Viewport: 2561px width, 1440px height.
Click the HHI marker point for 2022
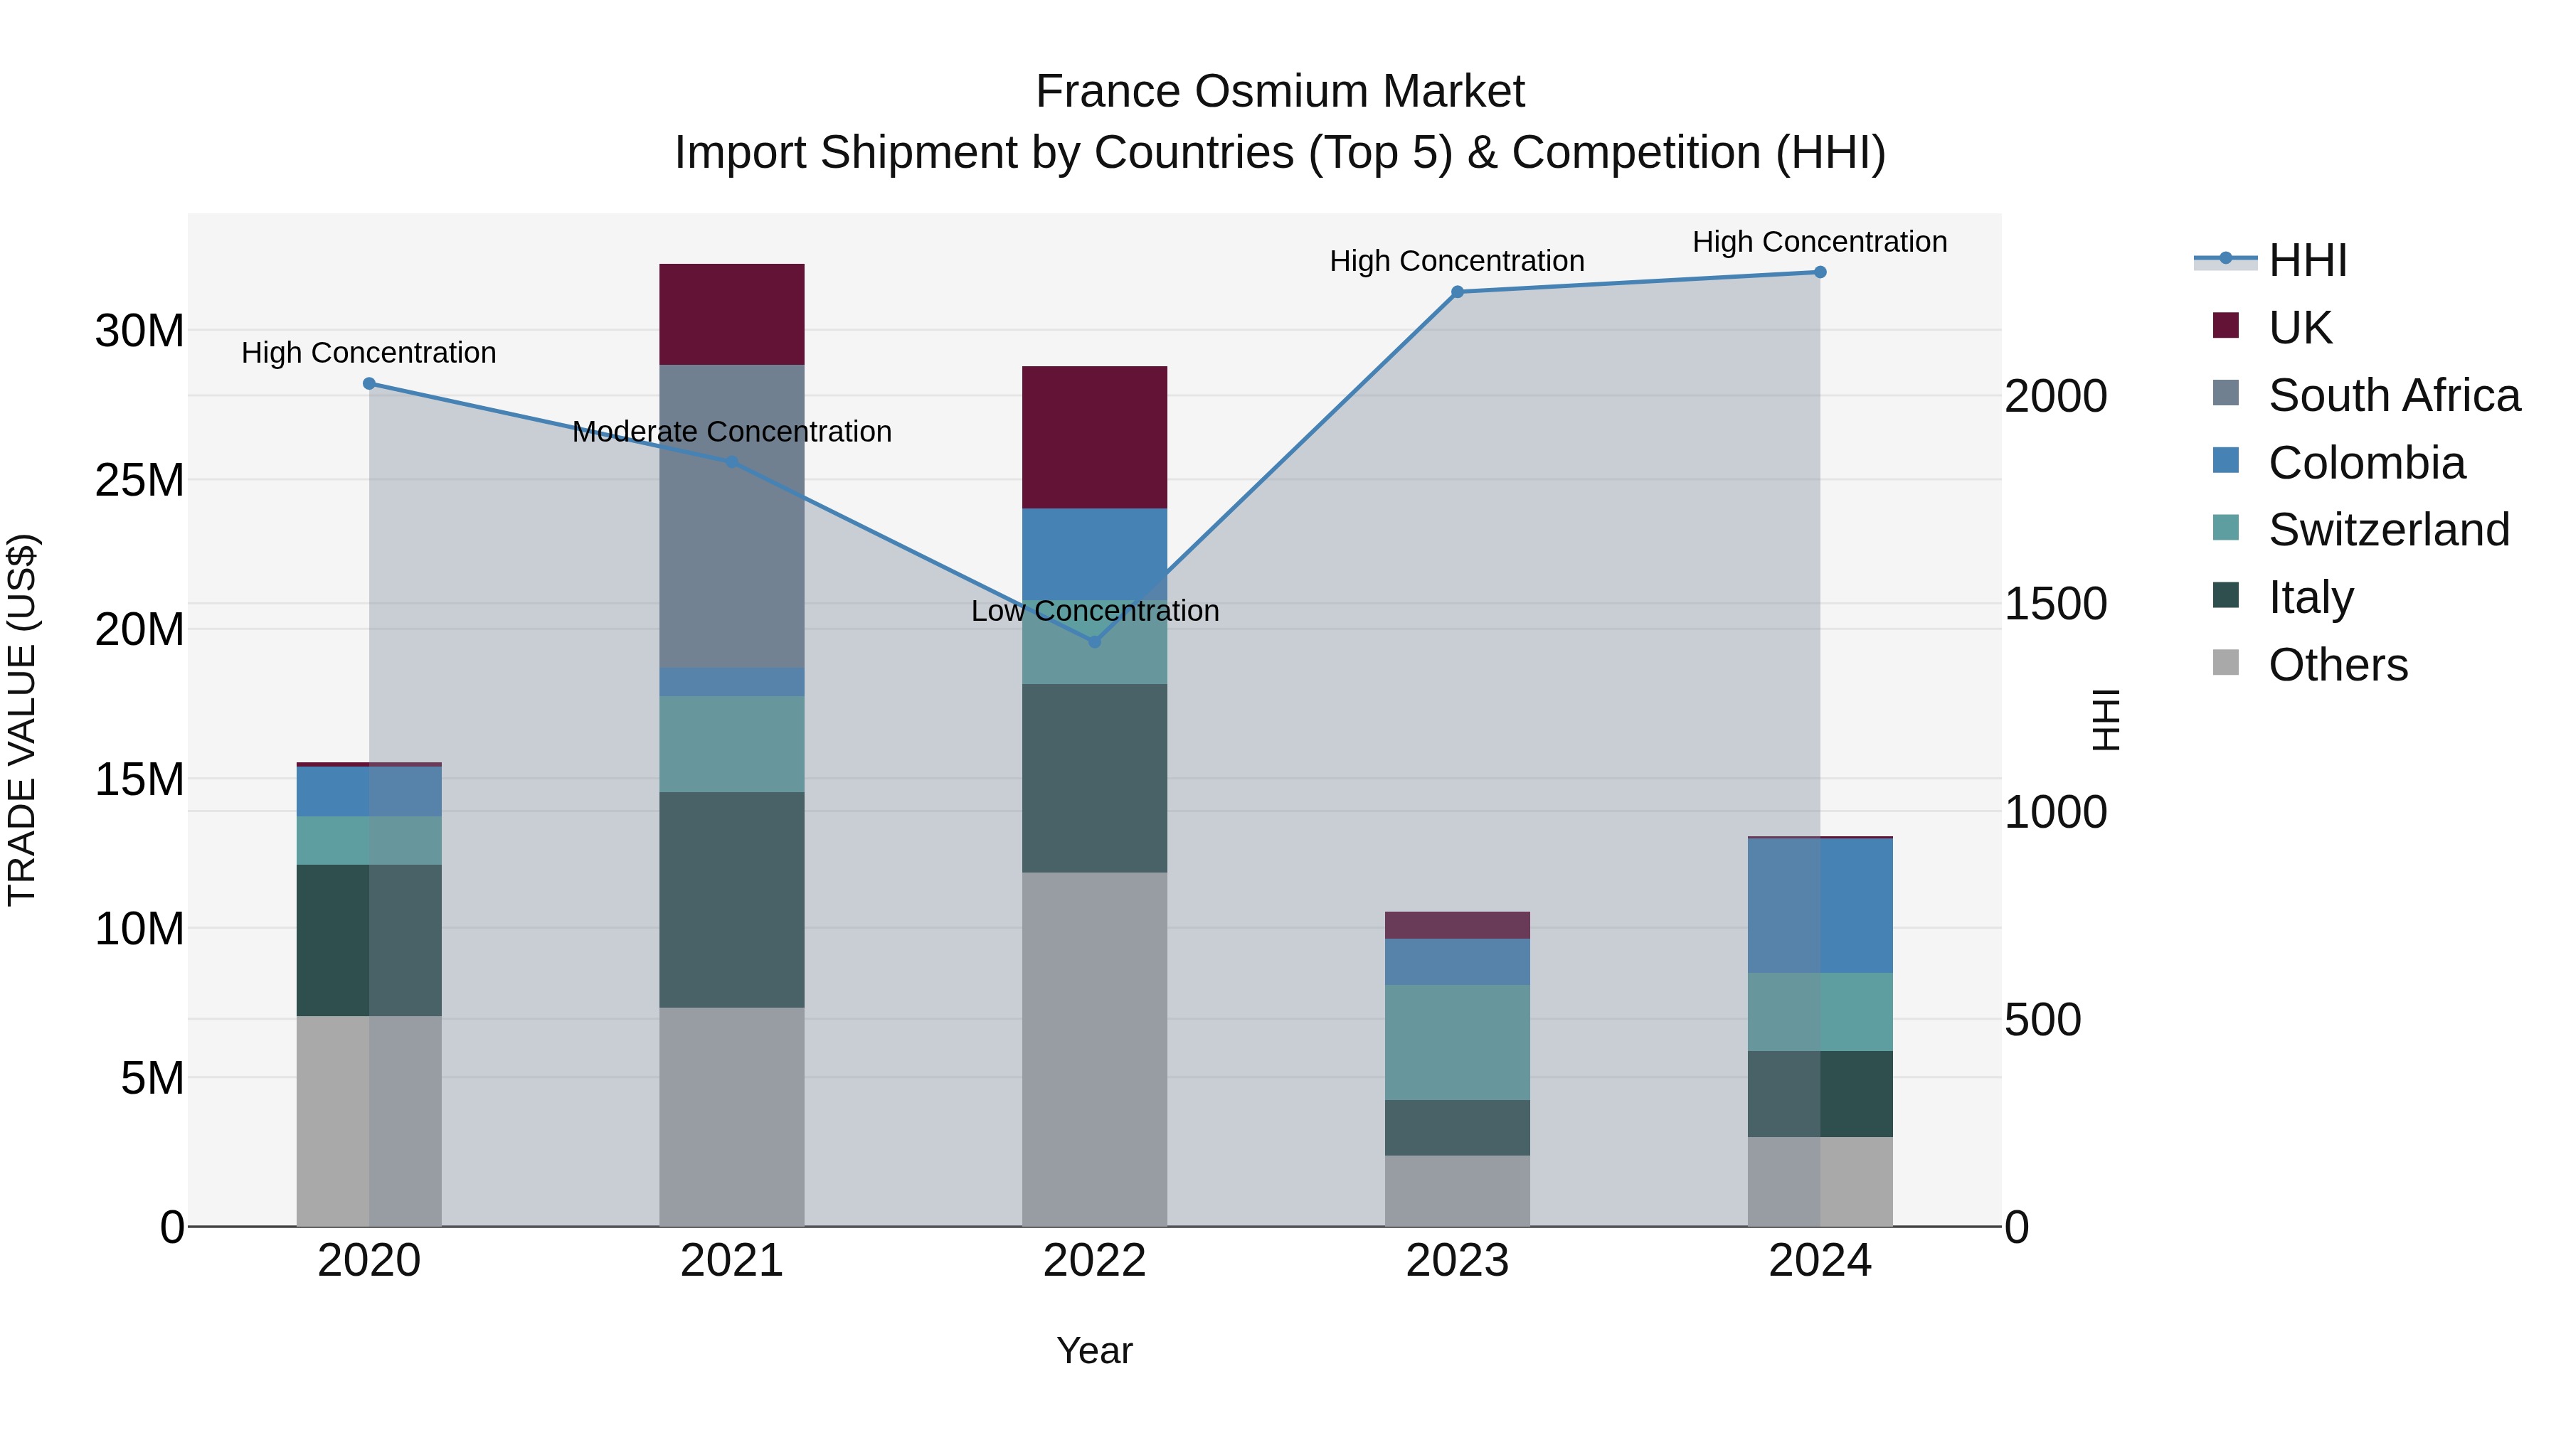[1095, 642]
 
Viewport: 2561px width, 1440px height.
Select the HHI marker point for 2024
[1819, 272]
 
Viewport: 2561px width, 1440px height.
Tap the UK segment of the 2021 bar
[732, 314]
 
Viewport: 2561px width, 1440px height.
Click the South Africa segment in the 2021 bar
[732, 517]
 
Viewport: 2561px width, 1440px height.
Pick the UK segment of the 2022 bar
[1095, 437]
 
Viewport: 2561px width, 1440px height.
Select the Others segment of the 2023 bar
[1458, 1190]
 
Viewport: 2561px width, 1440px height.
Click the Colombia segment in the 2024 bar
[1819, 905]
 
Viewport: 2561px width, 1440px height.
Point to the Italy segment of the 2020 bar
[368, 940]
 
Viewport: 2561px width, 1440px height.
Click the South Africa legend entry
[2393, 395]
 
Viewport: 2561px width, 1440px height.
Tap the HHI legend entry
[2306, 260]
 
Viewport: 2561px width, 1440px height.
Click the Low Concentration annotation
[1095, 610]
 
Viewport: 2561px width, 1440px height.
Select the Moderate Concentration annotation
[732, 432]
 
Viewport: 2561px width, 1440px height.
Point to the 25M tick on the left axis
[139, 480]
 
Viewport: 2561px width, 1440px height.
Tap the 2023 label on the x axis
[1458, 1261]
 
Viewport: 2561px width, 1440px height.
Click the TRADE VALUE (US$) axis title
[22, 720]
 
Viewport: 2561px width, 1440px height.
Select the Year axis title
[1095, 1350]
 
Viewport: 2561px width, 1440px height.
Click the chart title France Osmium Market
[1280, 92]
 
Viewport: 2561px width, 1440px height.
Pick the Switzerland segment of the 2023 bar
[1458, 1042]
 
